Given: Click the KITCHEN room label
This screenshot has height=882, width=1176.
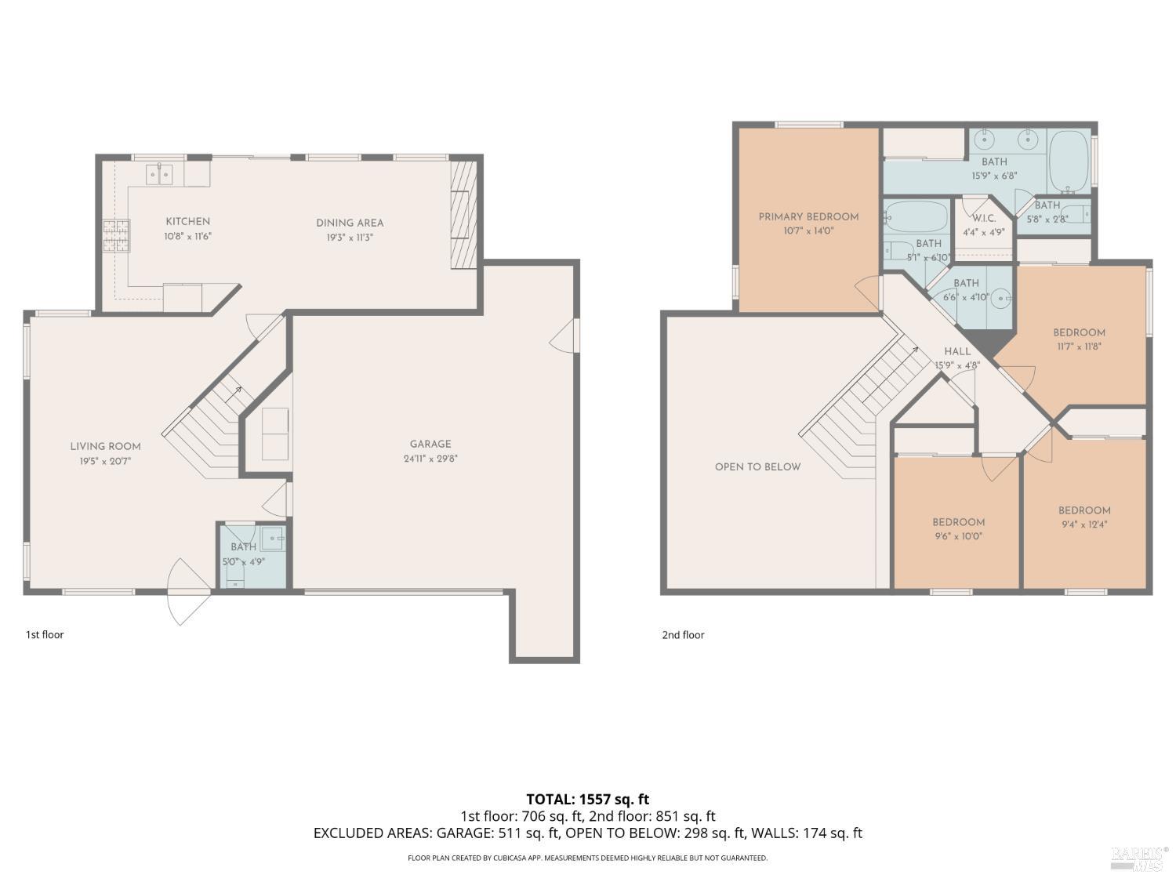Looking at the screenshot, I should (x=187, y=222).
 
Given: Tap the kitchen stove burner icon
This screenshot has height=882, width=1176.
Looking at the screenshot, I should (x=115, y=236).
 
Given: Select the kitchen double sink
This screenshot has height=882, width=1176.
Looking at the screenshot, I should (x=158, y=174).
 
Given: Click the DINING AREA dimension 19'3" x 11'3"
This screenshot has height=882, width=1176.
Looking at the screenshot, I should (x=350, y=237).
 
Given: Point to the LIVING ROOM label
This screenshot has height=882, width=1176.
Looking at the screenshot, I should (x=105, y=446).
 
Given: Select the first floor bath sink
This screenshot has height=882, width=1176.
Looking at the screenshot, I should (x=272, y=537).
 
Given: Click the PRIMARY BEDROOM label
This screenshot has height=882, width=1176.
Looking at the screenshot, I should (x=808, y=216).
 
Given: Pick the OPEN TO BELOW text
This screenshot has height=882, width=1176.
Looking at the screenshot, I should (x=757, y=466).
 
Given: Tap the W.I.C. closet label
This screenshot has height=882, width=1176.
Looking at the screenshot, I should (x=984, y=218).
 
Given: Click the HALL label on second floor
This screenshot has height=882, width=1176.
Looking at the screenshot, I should (x=957, y=351).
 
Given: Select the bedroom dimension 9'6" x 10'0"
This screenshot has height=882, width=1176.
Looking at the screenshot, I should (x=958, y=537).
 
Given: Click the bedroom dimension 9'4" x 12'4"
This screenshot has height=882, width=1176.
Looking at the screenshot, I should (x=1084, y=524).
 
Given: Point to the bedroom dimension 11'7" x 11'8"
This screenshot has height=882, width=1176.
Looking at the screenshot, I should (x=1079, y=346).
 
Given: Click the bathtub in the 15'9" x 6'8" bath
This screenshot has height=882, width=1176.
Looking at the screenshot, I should (x=1069, y=162).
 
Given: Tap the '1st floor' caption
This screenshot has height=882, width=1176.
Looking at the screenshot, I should (x=45, y=634).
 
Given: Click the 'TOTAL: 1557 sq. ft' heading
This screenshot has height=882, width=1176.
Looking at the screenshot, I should (x=587, y=799).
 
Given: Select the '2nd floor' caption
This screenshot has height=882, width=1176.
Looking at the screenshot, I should (x=683, y=635).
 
